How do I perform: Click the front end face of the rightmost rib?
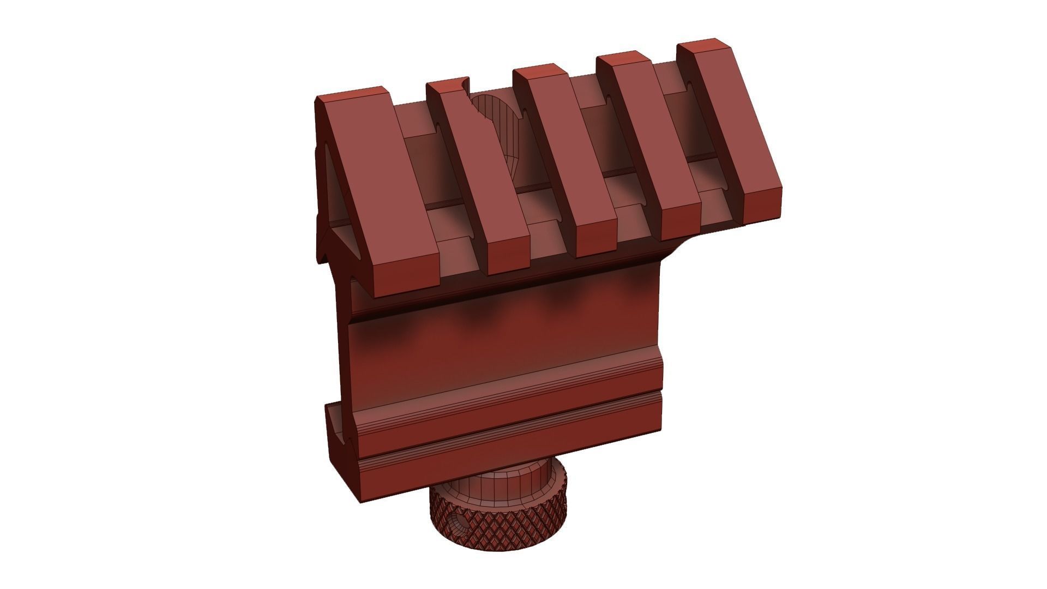(763, 205)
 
